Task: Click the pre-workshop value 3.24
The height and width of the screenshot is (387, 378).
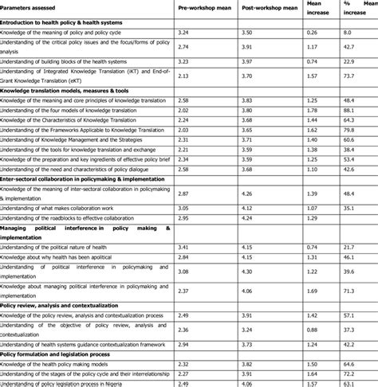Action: [x=183, y=31]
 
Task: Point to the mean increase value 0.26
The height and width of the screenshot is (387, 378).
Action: [x=312, y=31]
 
